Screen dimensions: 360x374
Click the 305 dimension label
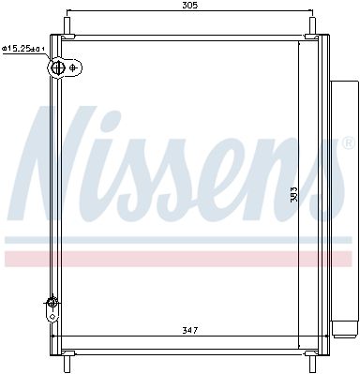coord(189,5)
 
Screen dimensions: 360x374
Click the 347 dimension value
coord(189,330)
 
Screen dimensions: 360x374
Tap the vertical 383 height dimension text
coord(293,194)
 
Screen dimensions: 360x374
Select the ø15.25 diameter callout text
coord(23,49)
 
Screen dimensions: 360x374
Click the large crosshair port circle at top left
coord(58,67)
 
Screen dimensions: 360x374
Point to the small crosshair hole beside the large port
coord(73,67)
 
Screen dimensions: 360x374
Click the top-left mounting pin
coord(67,26)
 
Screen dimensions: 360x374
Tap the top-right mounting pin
coord(312,26)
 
